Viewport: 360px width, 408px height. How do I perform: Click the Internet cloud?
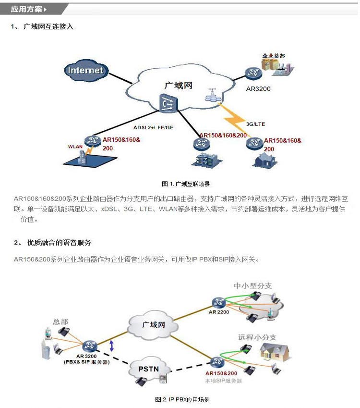pyautogui.click(x=85, y=70)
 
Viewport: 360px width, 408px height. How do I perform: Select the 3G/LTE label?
pyautogui.click(x=255, y=124)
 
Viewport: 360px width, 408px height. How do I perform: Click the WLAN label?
pyautogui.click(x=75, y=147)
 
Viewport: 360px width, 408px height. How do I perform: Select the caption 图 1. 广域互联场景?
pyautogui.click(x=186, y=184)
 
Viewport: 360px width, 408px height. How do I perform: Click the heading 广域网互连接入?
pyautogui.click(x=48, y=26)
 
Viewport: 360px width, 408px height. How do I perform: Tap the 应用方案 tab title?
pyautogui.click(x=27, y=9)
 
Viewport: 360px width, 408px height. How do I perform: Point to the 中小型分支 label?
pyautogui.click(x=252, y=285)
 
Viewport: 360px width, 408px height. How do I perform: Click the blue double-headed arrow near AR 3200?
pyautogui.click(x=112, y=345)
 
